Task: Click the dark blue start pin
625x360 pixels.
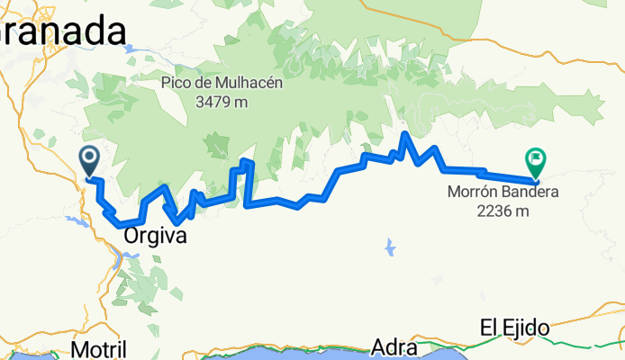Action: click(90, 161)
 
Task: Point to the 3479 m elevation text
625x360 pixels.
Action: click(222, 102)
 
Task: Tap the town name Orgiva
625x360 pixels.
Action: click(156, 237)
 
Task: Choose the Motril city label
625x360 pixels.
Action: click(98, 348)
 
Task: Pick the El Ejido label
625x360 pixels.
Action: click(515, 328)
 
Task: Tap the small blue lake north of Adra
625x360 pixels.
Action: click(389, 245)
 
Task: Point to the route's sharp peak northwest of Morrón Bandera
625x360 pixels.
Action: click(406, 135)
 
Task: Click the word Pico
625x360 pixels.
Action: click(177, 83)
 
